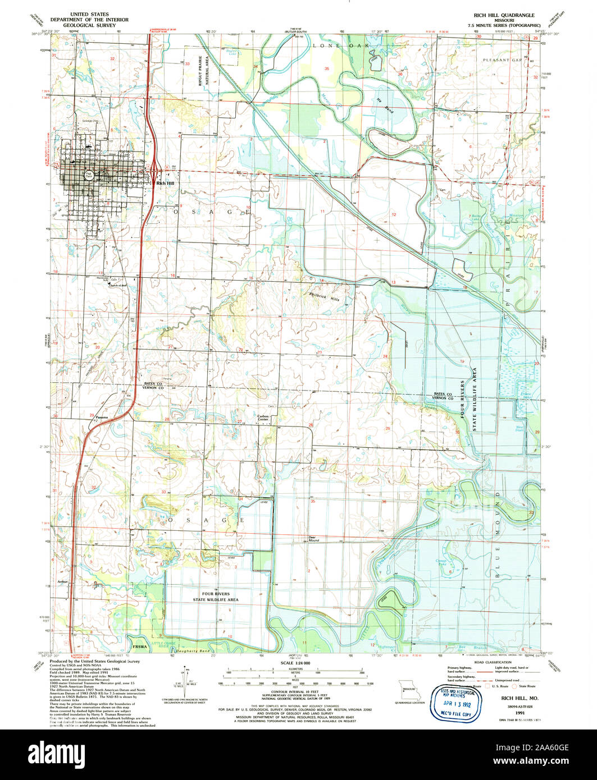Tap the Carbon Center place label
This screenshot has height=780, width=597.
click(x=263, y=417)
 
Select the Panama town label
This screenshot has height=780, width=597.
click(x=102, y=417)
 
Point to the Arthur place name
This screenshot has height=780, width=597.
click(x=62, y=582)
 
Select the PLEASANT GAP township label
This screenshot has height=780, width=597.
click(x=501, y=59)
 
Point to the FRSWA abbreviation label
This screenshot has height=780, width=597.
click(x=140, y=646)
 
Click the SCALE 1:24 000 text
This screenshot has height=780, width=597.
click(x=299, y=663)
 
